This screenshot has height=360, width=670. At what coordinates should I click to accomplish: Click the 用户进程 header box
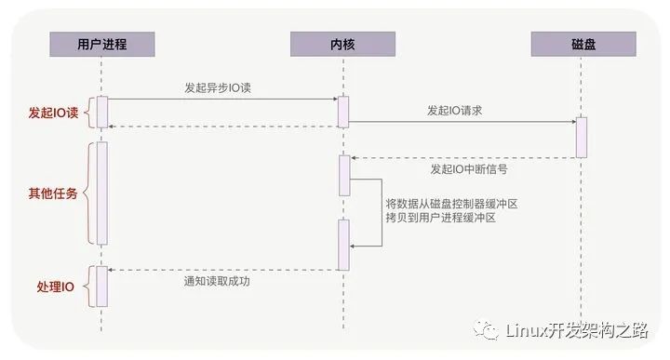[101, 44]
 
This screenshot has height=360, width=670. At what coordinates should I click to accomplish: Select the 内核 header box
[342, 44]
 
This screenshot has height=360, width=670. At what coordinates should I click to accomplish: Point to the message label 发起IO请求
[454, 110]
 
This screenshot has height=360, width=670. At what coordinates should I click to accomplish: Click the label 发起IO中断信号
[468, 170]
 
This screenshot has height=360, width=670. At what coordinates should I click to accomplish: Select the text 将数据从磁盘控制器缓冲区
[450, 202]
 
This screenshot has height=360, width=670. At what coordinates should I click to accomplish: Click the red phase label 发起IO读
[54, 113]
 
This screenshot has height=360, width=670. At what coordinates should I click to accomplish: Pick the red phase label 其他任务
[54, 193]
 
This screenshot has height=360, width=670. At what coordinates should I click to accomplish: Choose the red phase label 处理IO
[55, 286]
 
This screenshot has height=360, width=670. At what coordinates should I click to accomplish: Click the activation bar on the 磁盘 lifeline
[582, 137]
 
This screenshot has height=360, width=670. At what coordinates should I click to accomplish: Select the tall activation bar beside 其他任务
[102, 193]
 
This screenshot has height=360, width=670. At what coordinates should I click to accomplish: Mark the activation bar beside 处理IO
[102, 285]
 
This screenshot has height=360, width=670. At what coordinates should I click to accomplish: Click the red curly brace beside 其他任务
[87, 193]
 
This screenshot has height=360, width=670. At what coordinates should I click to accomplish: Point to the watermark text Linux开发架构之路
[577, 330]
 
